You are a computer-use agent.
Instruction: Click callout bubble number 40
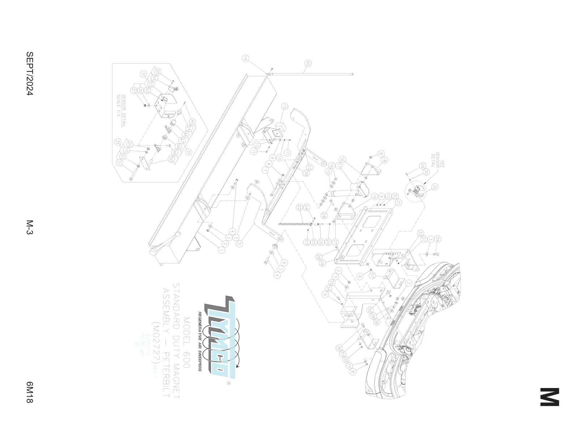coord(308,63)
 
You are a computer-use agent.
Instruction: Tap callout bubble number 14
coord(246,58)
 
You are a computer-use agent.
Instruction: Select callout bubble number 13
coord(285,107)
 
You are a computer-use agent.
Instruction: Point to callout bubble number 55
coord(158,72)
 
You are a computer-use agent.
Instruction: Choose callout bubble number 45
coord(192,122)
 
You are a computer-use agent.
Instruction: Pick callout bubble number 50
coord(171,159)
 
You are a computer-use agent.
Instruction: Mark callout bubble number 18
coord(384,160)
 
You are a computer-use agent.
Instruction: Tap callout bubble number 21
coord(399,202)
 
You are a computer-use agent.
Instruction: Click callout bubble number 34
coord(437,239)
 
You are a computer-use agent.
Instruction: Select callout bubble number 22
coord(299,207)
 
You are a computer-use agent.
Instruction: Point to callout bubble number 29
coord(423,165)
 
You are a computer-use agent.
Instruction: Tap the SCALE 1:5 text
coord(118,105)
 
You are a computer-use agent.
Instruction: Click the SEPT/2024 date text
coord(29,73)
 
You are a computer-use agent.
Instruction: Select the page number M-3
coord(29,227)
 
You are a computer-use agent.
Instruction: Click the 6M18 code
coord(29,392)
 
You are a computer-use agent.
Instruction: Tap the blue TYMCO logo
coord(221,337)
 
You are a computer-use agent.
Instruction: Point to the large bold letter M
coord(549,397)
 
